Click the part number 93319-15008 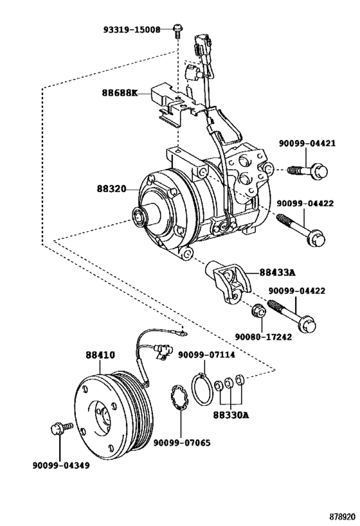point(132,30)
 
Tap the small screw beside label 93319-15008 point(177,31)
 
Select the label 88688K point(120,92)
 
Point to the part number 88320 point(111,189)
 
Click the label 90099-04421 point(307,144)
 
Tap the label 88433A point(277,273)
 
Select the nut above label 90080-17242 point(258,310)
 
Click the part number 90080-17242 point(263,337)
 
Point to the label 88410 point(100,355)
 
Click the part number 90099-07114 point(206,355)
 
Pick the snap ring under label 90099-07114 point(203,389)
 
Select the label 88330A point(231,415)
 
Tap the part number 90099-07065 point(182,443)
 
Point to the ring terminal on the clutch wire point(183,333)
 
